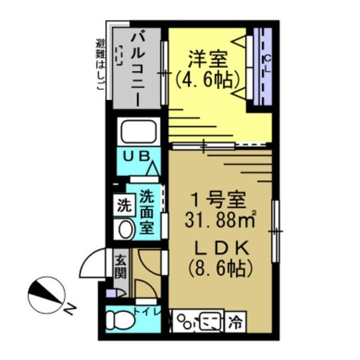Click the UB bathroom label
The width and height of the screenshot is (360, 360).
[137, 156]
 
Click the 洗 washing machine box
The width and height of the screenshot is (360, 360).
[124, 205]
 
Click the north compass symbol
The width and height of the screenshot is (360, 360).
[47, 295]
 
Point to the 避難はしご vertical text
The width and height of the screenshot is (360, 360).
[99, 66]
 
